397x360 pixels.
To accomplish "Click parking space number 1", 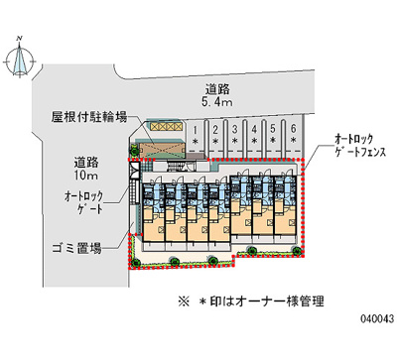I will (x=198, y=136).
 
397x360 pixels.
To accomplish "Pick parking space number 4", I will (x=255, y=136).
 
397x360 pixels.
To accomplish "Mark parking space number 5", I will (x=274, y=136).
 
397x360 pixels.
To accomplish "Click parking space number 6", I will (x=293, y=136).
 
